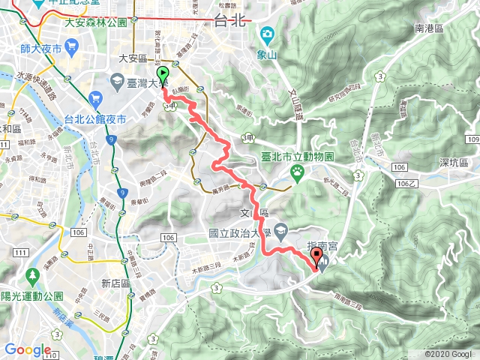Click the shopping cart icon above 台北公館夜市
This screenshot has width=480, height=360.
(94, 98)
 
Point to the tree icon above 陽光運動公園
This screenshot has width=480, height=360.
(33, 275)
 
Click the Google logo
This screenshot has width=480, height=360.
(28, 349)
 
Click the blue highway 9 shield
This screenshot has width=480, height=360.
(109, 139)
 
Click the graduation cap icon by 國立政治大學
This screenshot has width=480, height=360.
(280, 230)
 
